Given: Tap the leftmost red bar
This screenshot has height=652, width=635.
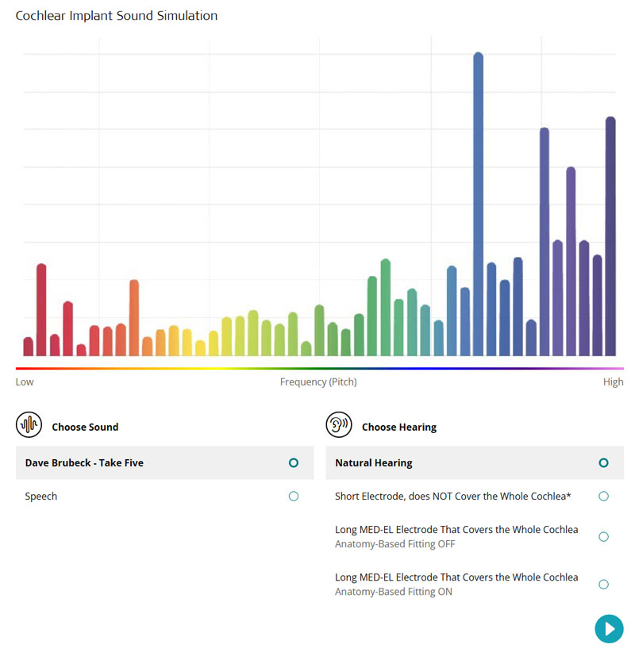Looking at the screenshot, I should point(29,347).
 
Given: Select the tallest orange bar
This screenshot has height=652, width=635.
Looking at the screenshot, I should point(134,317).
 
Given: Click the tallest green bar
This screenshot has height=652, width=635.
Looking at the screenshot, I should point(385,307).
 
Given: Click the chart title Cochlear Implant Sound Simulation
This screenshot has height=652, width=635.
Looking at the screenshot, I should point(117,16).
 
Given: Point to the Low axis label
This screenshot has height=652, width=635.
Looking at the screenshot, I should point(25,382).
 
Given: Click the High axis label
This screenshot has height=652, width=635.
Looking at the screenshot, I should point(613,382).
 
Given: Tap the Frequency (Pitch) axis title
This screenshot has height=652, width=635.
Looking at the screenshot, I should point(318,382).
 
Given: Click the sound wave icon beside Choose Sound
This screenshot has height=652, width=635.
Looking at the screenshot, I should point(29,425).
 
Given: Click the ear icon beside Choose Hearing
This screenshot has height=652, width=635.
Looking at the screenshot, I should point(338,425).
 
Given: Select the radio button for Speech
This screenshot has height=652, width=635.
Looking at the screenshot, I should point(294,497).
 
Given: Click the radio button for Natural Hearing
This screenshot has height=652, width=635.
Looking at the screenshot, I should point(603,462).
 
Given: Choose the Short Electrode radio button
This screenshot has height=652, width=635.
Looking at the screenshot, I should point(603,497).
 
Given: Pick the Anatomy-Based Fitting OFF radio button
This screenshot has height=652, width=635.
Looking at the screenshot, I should point(603,536).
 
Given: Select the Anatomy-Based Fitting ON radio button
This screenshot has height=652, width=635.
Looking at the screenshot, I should point(603,585).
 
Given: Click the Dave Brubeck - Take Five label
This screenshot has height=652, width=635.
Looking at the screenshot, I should point(84,462).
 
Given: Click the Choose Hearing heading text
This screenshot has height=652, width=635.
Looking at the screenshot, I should point(398,427).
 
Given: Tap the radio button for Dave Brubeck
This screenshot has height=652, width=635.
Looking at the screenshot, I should point(294,462).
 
